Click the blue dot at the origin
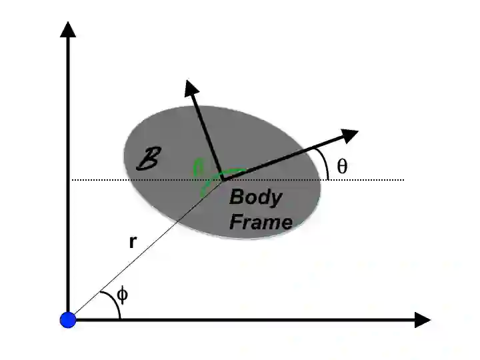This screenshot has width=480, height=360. [68, 320]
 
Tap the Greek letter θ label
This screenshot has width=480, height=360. [342, 167]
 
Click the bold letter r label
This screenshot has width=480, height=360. [133, 243]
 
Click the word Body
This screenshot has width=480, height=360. [256, 198]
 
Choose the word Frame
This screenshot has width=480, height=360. [261, 221]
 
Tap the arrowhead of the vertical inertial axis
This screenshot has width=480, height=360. [67, 29]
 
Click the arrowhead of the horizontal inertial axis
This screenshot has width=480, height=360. [422, 320]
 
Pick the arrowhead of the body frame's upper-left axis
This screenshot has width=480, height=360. [191, 87]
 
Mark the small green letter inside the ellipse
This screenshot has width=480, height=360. [197, 168]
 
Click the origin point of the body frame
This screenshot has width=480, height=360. [223, 179]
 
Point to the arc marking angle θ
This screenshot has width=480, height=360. [325, 163]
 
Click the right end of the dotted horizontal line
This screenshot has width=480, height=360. [404, 179]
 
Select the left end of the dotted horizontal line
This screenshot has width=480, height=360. [72, 179]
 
